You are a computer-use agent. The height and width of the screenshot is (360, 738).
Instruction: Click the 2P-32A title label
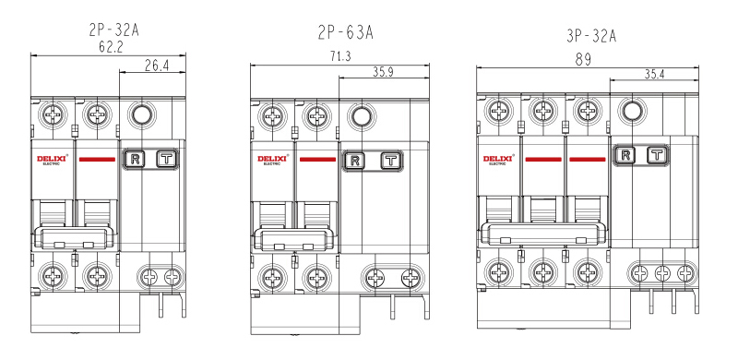point(113,30)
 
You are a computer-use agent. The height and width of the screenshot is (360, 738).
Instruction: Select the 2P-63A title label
point(345,33)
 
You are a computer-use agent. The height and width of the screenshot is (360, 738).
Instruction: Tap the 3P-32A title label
point(591,36)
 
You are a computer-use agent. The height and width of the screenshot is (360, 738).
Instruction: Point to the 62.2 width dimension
point(111,47)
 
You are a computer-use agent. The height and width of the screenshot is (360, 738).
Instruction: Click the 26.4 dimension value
point(156,66)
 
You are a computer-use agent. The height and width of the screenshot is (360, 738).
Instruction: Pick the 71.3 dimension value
point(340,56)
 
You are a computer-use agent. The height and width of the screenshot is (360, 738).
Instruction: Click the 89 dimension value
point(583,59)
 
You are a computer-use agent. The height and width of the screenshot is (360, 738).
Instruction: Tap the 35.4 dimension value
point(655,74)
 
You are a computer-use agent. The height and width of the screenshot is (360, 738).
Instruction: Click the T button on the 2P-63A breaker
point(390,162)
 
